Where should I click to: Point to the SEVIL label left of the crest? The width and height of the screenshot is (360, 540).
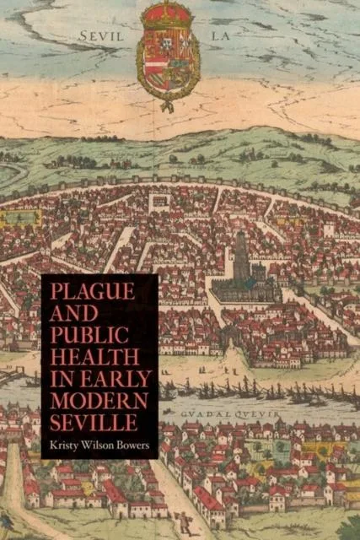pyautogui.click(x=100, y=36)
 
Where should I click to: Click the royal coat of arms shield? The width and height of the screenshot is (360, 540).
pyautogui.click(x=169, y=63)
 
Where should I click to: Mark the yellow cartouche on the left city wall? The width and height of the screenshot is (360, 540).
pyautogui.click(x=19, y=219)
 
